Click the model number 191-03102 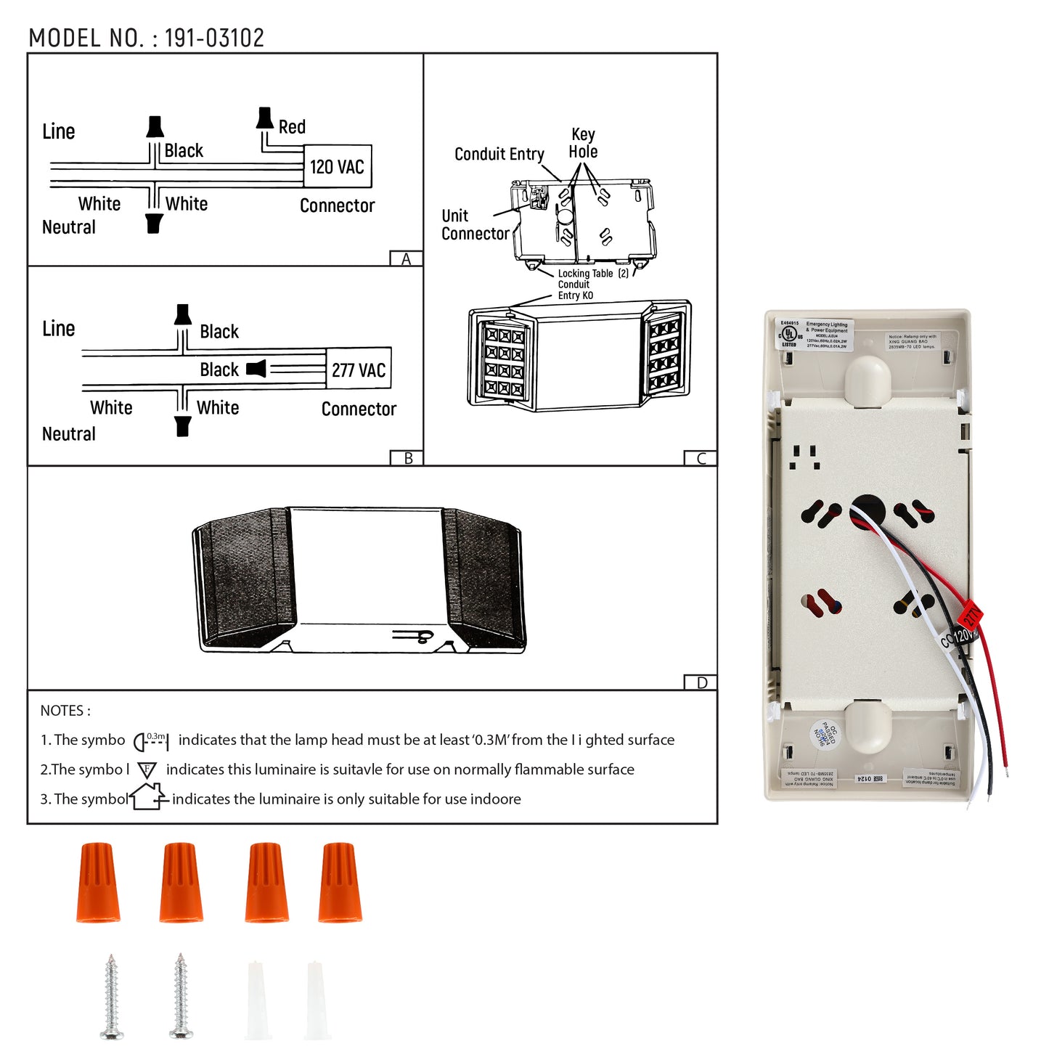(x=214, y=38)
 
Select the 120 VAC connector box (x=338, y=166)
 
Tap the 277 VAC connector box (x=359, y=370)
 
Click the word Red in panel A (x=292, y=127)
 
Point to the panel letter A (x=406, y=259)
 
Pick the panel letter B (x=408, y=458)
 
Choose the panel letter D (x=701, y=682)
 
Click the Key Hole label (x=583, y=143)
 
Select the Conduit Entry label (x=499, y=154)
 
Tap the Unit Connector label (x=474, y=225)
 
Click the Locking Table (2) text (x=592, y=274)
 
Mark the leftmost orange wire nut (x=97, y=882)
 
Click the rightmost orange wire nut (x=339, y=882)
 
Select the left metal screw (x=111, y=996)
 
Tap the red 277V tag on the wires (x=970, y=616)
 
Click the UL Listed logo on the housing (x=788, y=335)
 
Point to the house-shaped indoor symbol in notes (x=148, y=796)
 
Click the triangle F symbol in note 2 (x=147, y=770)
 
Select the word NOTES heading (x=65, y=711)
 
